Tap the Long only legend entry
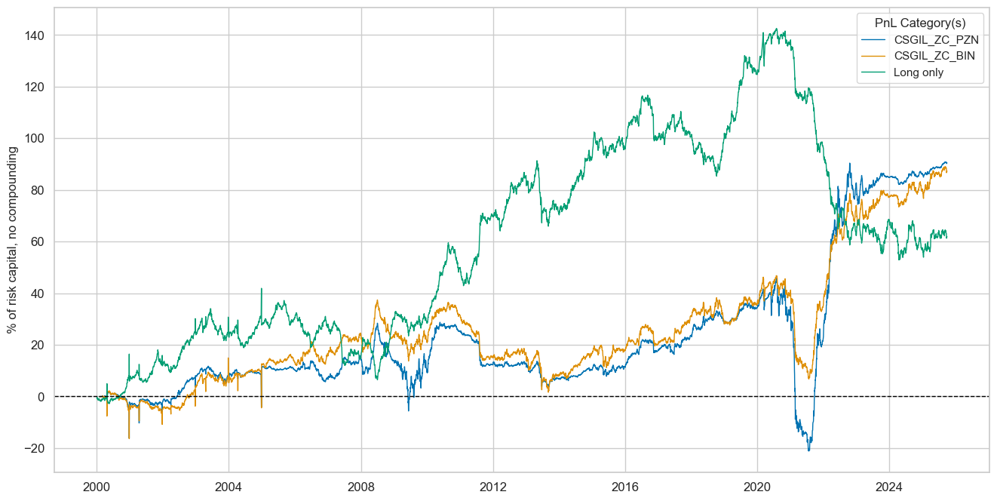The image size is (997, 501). pos(897,72)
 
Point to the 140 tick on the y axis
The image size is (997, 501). pos(35,35)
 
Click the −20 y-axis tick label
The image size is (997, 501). pos(32,449)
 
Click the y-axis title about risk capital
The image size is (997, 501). pos(12,240)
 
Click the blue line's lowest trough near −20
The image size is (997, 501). pos(808,450)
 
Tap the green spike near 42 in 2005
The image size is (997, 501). pos(262,288)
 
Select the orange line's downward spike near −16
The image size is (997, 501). pos(129,438)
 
